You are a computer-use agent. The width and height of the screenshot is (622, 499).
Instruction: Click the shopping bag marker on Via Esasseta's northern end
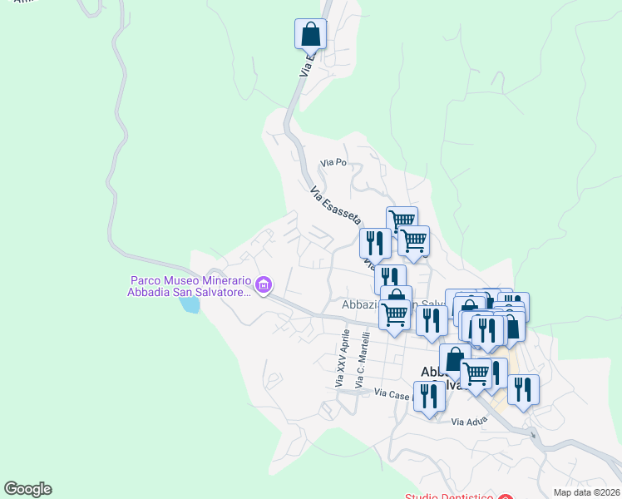coord(310,35)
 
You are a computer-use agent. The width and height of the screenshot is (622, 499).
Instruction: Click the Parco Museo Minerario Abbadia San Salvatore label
coord(190,287)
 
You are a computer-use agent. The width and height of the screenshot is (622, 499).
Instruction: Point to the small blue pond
coord(190,304)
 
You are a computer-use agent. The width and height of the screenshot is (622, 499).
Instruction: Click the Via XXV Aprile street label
coord(339,358)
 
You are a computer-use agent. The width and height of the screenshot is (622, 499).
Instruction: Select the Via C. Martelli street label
coord(360,360)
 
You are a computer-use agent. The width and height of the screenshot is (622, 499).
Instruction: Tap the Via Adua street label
coord(467,422)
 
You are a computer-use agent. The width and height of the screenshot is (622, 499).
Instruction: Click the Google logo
coord(27,489)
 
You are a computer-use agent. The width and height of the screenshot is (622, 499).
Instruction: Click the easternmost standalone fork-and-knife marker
coord(523,389)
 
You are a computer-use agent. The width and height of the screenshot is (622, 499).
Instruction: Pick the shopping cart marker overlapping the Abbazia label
coord(395,314)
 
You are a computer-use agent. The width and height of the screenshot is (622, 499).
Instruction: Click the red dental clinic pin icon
coord(505,497)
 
